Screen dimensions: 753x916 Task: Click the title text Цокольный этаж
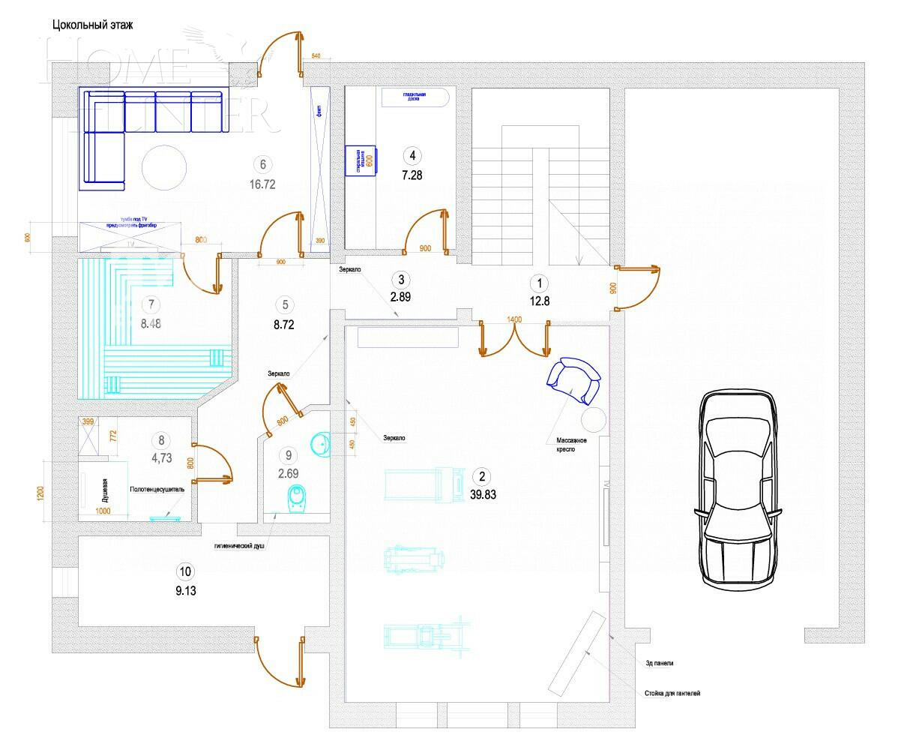[92, 25]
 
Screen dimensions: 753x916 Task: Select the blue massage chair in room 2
[573, 380]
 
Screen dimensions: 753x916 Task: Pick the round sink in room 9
[319, 444]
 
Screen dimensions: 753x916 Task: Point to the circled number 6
[262, 164]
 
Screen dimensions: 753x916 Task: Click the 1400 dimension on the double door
[514, 319]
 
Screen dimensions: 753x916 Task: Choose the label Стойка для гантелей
[672, 694]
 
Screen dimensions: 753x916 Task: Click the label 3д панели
[660, 663]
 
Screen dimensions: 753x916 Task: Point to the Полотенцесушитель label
[157, 488]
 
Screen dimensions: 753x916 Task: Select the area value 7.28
[412, 175]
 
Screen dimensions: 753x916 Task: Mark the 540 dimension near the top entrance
[315, 57]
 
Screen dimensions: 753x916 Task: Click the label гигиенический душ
[240, 547]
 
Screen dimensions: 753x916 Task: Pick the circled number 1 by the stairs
[537, 283]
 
